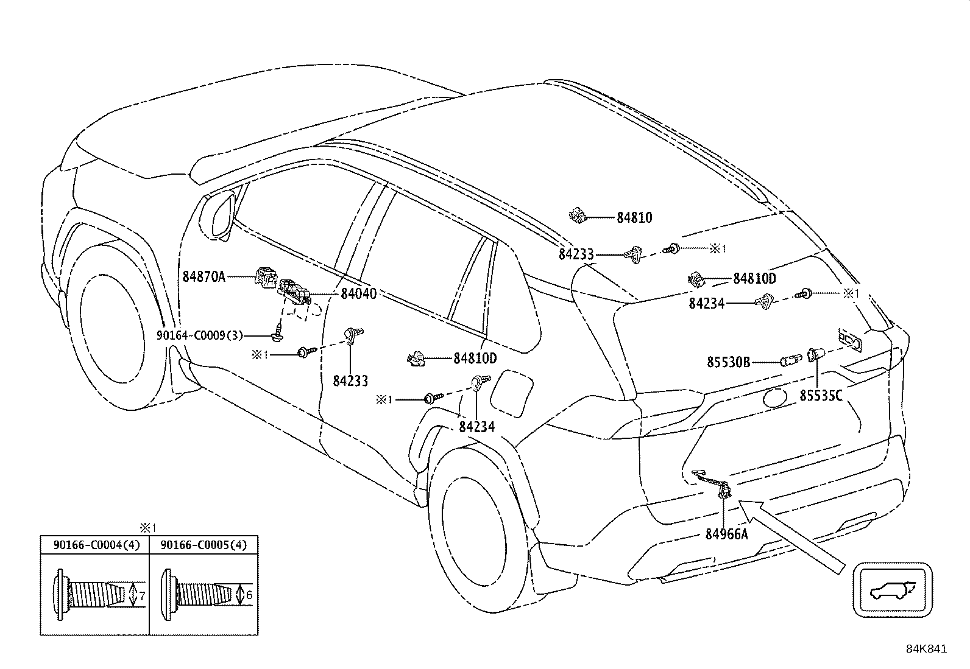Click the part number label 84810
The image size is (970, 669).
(634, 217)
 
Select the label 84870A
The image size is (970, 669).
(204, 277)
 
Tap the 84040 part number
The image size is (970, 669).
(358, 293)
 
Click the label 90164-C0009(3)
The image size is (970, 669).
(200, 335)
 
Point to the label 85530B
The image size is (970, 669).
(728, 362)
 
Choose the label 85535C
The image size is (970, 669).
(821, 396)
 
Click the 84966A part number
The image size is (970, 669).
(726, 534)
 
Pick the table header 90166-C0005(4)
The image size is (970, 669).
(204, 545)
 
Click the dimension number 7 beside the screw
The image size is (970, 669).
(141, 597)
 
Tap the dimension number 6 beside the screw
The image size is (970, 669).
(249, 594)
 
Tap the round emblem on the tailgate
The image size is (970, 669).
(774, 398)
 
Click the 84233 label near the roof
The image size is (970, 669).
(576, 254)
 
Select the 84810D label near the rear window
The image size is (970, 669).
(754, 279)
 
